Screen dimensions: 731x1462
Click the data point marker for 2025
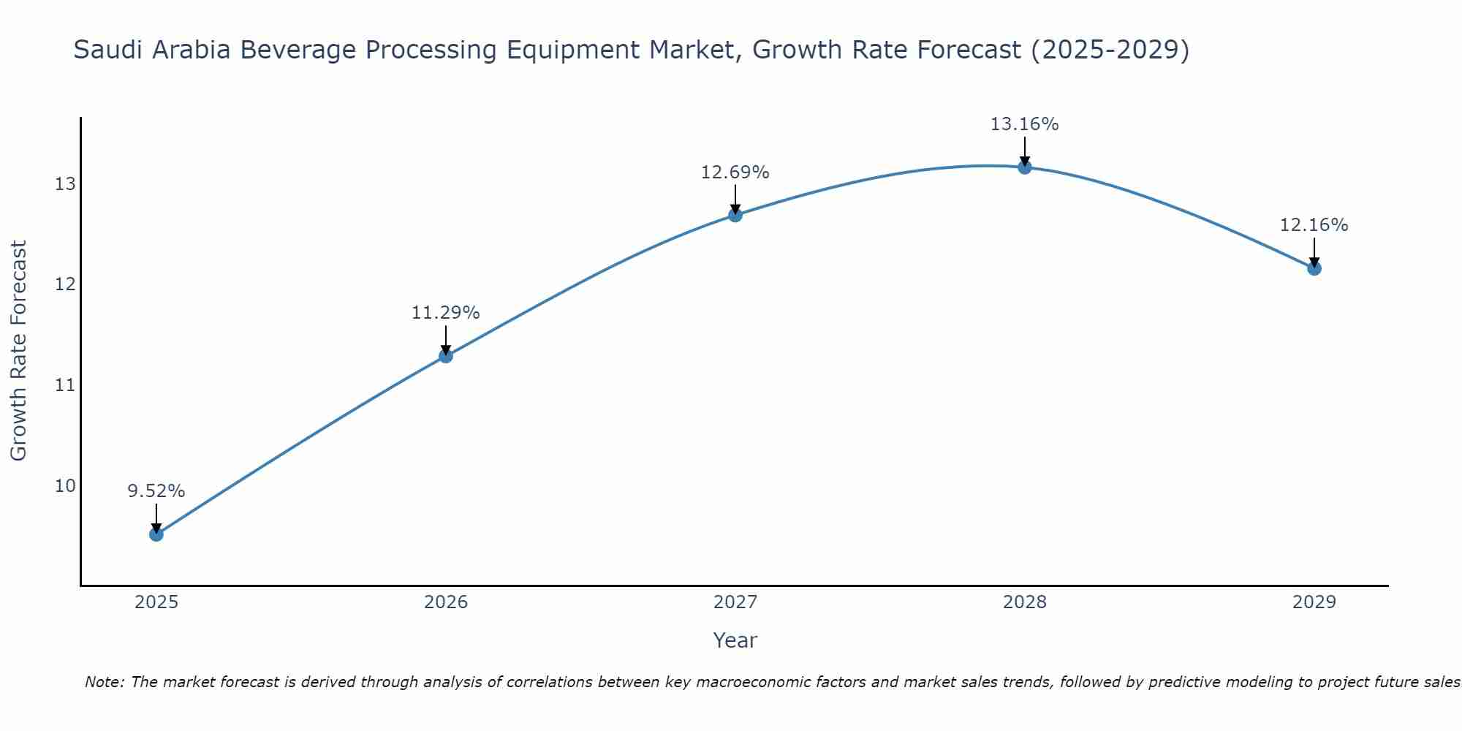pyautogui.click(x=156, y=534)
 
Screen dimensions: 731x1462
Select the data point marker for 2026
pyautogui.click(x=446, y=356)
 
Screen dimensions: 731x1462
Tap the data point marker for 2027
pyautogui.click(x=735, y=215)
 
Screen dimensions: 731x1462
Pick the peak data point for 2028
pyautogui.click(x=1025, y=167)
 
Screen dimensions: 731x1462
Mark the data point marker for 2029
pyautogui.click(x=1314, y=268)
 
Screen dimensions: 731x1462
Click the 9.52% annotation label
pyautogui.click(x=156, y=491)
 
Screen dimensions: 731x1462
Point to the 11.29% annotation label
pyautogui.click(x=446, y=313)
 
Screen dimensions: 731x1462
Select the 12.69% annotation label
pyautogui.click(x=735, y=173)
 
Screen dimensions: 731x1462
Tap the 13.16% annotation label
pyautogui.click(x=1025, y=124)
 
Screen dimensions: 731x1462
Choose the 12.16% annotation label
pyautogui.click(x=1314, y=225)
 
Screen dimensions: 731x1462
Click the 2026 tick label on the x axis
pyautogui.click(x=446, y=602)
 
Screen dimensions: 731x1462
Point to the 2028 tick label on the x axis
pyautogui.click(x=1025, y=602)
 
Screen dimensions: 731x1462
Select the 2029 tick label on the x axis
pyautogui.click(x=1314, y=602)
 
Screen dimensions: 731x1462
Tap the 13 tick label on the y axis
pyautogui.click(x=65, y=184)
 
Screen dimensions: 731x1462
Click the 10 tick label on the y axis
pyautogui.click(x=65, y=486)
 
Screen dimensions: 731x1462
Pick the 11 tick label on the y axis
pyautogui.click(x=65, y=385)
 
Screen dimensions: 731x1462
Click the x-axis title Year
pyautogui.click(x=735, y=640)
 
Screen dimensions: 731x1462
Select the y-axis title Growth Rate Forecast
pyautogui.click(x=19, y=351)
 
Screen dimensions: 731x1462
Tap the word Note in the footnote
pyautogui.click(x=103, y=682)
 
